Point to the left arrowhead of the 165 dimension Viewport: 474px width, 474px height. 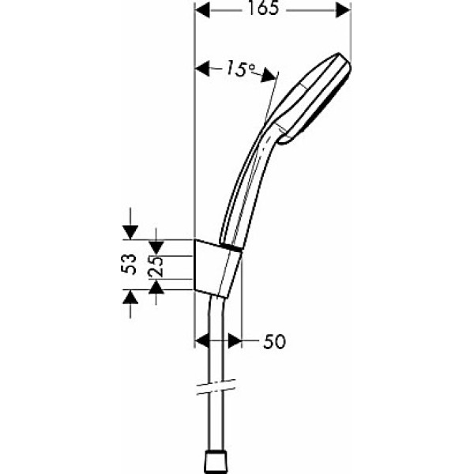tap(201, 11)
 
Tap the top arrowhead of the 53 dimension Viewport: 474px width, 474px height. tap(131, 231)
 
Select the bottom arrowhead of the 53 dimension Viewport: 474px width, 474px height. tap(131, 297)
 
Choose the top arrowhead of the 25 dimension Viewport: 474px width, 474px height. tap(156, 235)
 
